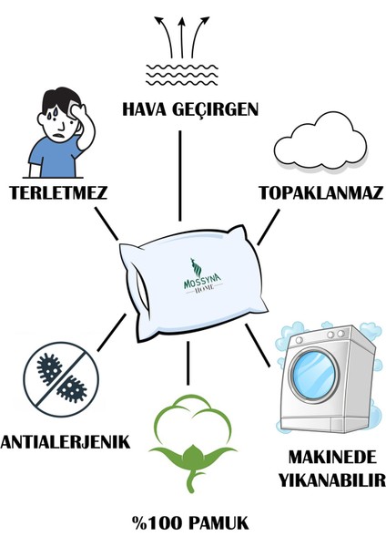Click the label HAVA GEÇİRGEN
click(x=190, y=110)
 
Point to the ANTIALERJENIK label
click(x=65, y=443)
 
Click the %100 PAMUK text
click(x=191, y=525)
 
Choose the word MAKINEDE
click(x=329, y=459)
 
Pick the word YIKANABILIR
click(x=329, y=480)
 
